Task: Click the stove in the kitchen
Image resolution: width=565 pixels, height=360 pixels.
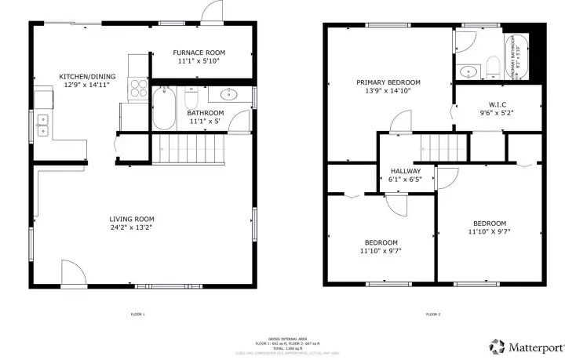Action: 138,87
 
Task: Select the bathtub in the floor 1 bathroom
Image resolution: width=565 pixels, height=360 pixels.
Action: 165,108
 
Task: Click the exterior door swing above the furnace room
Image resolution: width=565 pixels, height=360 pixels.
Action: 212,13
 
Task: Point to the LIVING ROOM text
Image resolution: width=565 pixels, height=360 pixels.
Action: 132,219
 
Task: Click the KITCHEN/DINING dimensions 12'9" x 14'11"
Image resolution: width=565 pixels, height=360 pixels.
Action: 88,85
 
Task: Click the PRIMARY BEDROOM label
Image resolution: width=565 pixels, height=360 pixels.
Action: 388,82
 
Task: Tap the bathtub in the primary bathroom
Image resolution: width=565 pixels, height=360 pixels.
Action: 518,58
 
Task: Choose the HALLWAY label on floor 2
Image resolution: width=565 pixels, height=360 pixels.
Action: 405,171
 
